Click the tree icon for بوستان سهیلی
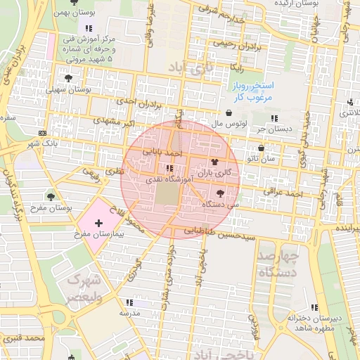tap(68, 78)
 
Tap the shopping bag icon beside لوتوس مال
tap(229, 112)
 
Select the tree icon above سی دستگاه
tap(220, 193)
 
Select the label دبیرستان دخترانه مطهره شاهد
tap(313, 323)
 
